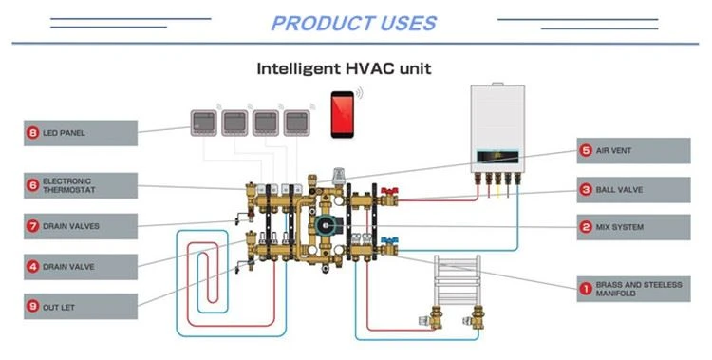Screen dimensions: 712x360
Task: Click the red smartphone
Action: click(x=343, y=114)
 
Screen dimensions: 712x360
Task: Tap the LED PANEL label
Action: click(x=81, y=133)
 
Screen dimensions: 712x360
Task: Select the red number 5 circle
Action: click(x=586, y=150)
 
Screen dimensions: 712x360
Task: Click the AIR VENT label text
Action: click(x=613, y=150)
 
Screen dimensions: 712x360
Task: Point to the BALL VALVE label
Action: click(x=633, y=190)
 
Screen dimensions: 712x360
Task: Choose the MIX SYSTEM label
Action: click(x=633, y=227)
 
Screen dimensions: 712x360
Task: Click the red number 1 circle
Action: click(x=586, y=289)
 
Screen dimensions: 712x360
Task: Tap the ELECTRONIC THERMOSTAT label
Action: click(x=81, y=185)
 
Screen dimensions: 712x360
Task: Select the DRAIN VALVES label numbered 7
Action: click(x=81, y=226)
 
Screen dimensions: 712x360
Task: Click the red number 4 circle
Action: click(x=32, y=267)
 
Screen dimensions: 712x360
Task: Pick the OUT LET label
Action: click(x=81, y=307)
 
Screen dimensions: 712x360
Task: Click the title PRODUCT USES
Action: click(x=354, y=24)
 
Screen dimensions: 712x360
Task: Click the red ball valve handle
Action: click(x=389, y=191)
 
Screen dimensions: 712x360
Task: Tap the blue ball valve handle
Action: click(x=389, y=239)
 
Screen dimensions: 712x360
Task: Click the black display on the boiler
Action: click(x=497, y=158)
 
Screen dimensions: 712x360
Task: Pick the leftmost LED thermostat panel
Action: click(x=204, y=123)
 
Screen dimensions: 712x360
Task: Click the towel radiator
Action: click(x=458, y=280)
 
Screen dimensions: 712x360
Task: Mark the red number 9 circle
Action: click(x=32, y=307)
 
